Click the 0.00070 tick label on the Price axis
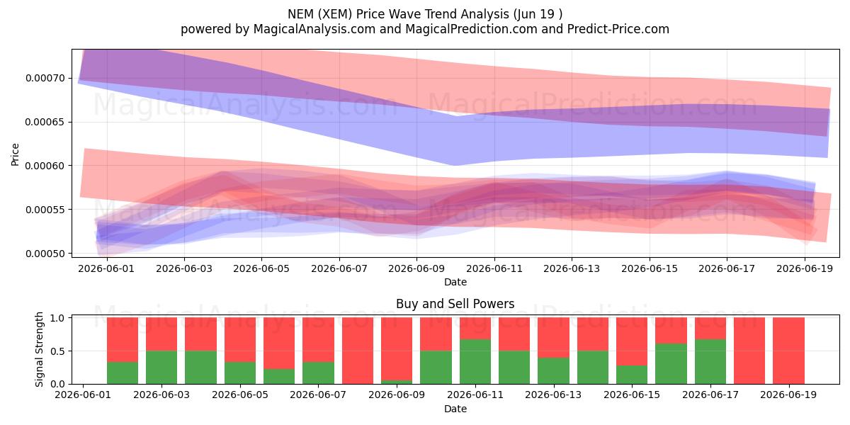click(45, 78)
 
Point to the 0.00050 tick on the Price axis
click(45, 254)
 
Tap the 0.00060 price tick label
click(45, 166)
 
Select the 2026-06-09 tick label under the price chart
click(416, 268)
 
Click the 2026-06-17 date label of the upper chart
click(727, 268)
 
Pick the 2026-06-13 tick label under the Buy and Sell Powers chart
click(553, 395)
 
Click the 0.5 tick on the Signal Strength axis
click(57, 351)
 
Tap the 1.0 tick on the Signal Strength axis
click(57, 318)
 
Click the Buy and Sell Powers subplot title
click(455, 304)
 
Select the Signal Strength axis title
click(39, 349)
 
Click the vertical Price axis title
click(15, 154)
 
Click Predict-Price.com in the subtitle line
click(618, 29)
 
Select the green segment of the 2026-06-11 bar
click(475, 362)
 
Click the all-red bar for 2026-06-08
click(358, 351)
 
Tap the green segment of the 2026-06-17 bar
click(710, 362)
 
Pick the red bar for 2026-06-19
click(788, 351)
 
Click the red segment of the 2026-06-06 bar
click(279, 343)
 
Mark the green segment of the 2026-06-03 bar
click(161, 368)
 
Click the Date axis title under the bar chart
click(455, 409)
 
